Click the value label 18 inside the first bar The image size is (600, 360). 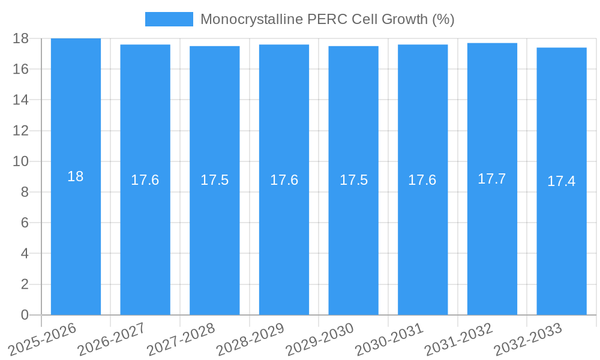pyautogui.click(x=76, y=176)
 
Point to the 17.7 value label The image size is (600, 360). pyautogui.click(x=492, y=179)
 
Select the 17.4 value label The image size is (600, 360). pyautogui.click(x=562, y=181)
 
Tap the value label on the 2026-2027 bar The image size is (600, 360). pyautogui.click(x=145, y=180)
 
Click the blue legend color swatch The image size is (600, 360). pyautogui.click(x=169, y=19)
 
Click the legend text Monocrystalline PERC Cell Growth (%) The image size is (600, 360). pyautogui.click(x=327, y=19)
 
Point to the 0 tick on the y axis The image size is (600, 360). pyautogui.click(x=25, y=315)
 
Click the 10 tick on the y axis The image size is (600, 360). pyautogui.click(x=21, y=161)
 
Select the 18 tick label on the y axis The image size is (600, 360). pyautogui.click(x=21, y=38)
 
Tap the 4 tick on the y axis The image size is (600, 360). pyautogui.click(x=25, y=253)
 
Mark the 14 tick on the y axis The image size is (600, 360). pyautogui.click(x=21, y=100)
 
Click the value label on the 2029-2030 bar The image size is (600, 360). pyautogui.click(x=353, y=180)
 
